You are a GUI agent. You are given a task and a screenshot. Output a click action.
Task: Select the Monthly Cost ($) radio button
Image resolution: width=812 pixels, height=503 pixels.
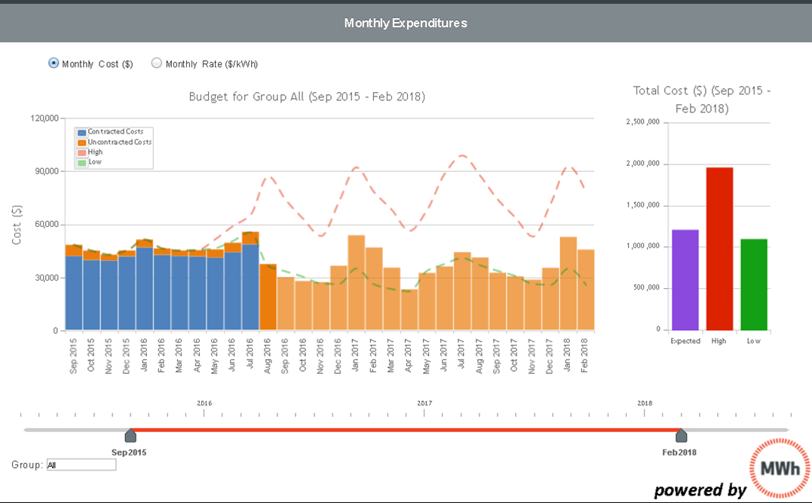coord(54,63)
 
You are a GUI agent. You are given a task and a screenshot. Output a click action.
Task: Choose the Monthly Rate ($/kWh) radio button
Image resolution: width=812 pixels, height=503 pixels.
coord(157,63)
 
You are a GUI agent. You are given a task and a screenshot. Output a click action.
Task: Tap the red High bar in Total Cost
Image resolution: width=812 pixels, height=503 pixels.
coord(718,249)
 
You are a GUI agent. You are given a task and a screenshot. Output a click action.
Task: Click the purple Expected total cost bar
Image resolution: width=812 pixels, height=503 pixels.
coord(685,280)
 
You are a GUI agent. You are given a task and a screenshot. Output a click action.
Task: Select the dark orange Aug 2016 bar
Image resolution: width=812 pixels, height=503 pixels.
coord(268,297)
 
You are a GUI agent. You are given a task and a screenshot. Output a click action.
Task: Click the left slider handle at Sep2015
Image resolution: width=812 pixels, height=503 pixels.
coord(130,435)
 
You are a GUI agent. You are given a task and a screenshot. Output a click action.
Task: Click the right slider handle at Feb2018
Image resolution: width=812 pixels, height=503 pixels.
coord(682,435)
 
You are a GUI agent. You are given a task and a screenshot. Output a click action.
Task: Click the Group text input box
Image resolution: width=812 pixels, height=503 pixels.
coord(81,465)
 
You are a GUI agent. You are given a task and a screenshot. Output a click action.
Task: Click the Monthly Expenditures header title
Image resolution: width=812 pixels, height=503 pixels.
coord(406,23)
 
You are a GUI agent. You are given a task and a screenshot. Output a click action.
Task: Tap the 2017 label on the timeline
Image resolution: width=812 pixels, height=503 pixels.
coord(424,403)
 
